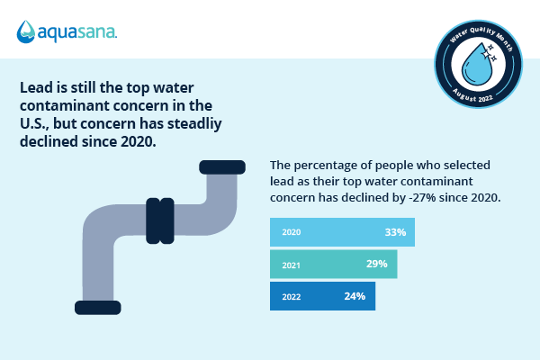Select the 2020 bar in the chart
coord(342,232)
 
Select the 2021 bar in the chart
coord(333,264)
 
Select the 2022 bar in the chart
coord(322,296)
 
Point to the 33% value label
coord(395,232)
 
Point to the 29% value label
coord(376,264)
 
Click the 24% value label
coord(355,296)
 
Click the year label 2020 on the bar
coord(291,233)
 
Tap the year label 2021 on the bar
coord(291,265)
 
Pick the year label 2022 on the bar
coord(291,296)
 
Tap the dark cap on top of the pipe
coord(221,166)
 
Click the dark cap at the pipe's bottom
coord(98,307)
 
